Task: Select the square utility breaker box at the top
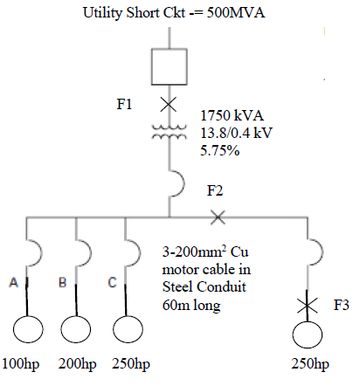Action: coord(170,66)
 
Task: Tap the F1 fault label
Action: coord(125,105)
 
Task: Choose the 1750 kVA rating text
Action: coord(232,115)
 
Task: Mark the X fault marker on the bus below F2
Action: coord(218,215)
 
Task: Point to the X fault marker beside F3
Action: coord(308,306)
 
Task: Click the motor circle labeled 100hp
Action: coord(28,333)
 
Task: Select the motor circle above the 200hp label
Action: coord(79,333)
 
